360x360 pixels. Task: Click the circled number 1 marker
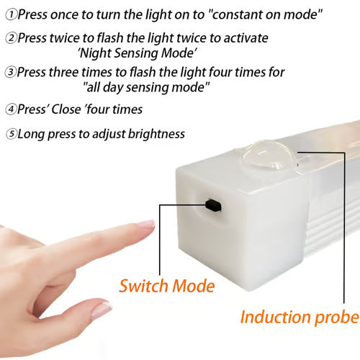9,14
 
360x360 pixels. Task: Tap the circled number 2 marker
9,37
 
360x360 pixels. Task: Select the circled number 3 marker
9,72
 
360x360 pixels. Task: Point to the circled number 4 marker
9,110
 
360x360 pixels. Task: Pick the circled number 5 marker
9,134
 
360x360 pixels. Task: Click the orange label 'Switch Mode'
167,286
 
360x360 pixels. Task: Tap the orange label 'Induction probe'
299,318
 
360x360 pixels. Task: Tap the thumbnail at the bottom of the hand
102,310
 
